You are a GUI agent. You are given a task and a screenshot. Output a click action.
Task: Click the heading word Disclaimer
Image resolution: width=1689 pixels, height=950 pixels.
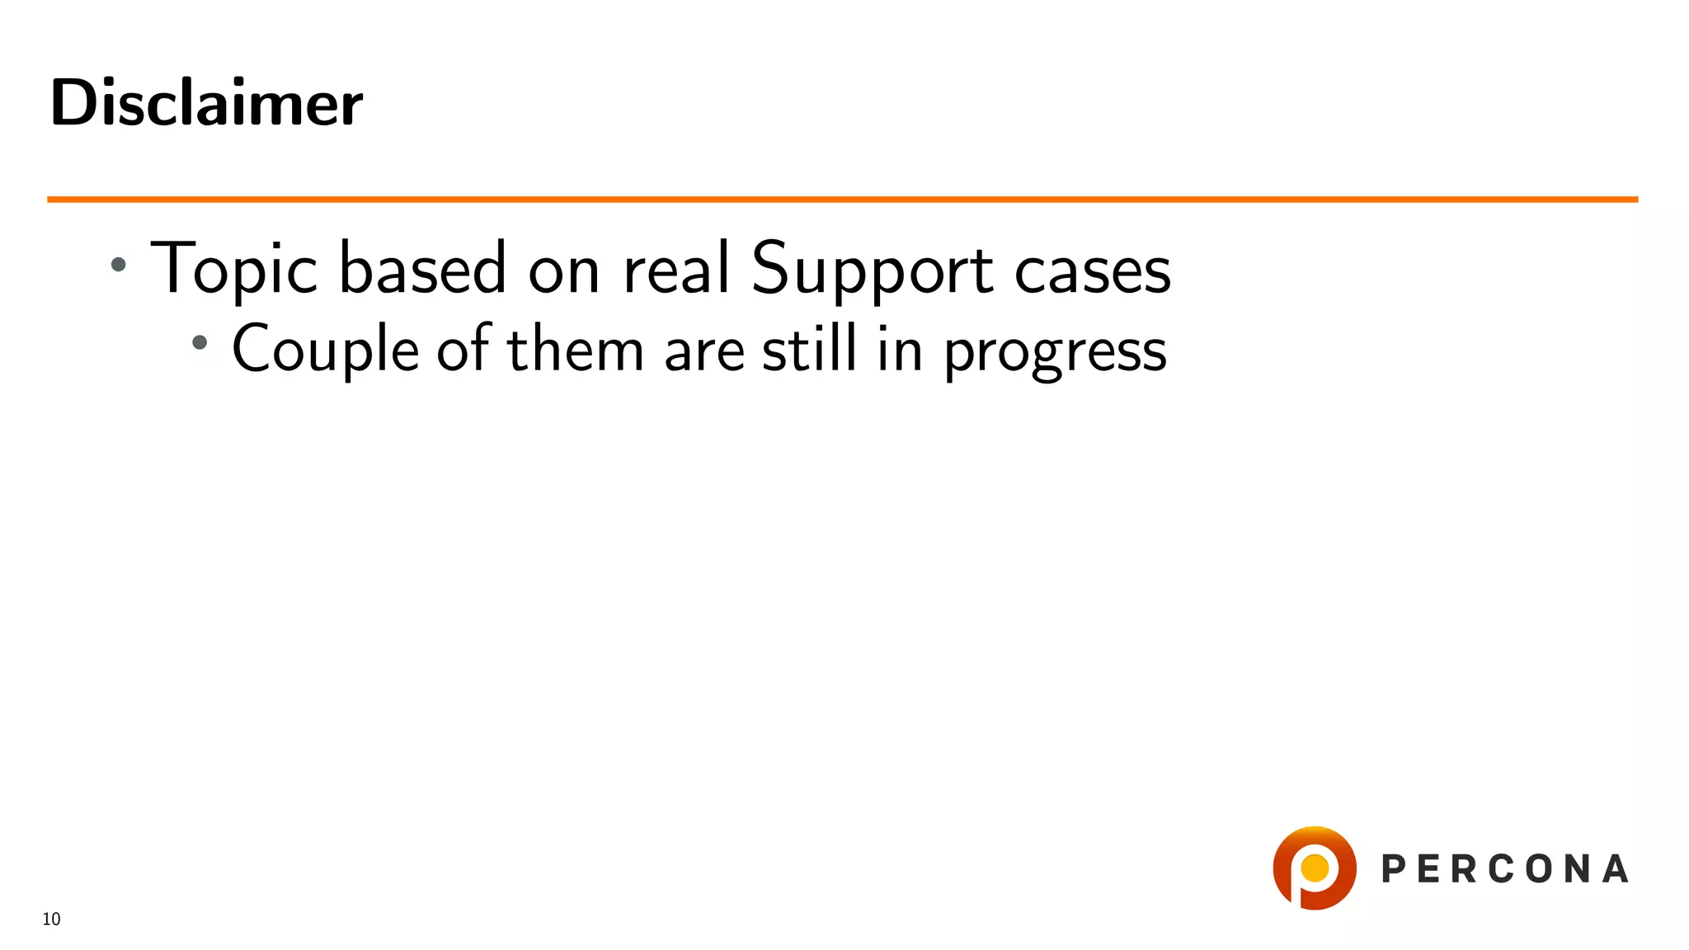206,103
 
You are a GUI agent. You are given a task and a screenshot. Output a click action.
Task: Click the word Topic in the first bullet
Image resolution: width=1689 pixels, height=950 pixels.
233,269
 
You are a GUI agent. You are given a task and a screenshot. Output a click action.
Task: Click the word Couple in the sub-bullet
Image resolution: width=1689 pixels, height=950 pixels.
325,350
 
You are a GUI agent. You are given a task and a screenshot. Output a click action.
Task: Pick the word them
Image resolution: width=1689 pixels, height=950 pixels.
575,350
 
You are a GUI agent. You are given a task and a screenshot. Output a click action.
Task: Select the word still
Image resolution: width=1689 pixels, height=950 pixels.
809,348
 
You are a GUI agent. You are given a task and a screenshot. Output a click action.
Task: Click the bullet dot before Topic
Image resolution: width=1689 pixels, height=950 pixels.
119,265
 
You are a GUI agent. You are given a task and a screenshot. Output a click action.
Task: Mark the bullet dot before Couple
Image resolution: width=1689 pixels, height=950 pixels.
200,342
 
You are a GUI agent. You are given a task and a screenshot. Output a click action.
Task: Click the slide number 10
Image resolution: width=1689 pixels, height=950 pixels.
51,919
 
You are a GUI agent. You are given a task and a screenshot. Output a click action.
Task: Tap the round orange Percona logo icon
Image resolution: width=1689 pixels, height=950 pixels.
1315,868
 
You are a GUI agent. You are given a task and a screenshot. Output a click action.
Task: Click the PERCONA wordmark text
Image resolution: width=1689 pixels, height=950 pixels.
1504,869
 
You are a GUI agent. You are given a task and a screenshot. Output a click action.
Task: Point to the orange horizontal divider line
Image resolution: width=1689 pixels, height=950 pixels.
841,200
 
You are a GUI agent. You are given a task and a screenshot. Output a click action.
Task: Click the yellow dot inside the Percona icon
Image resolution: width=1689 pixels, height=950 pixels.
1315,868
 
